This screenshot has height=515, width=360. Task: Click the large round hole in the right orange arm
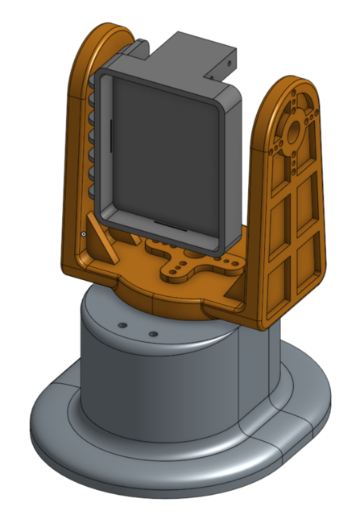tap(292, 128)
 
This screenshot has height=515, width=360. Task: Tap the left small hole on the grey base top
tap(122, 325)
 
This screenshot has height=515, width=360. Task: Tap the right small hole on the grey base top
tap(151, 332)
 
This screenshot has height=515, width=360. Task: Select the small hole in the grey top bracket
tap(231, 61)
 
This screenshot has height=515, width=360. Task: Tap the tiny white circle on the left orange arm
tap(83, 234)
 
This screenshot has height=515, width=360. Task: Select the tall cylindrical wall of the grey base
tap(161, 386)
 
